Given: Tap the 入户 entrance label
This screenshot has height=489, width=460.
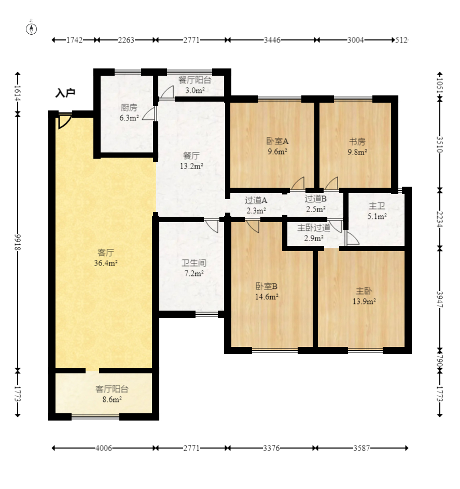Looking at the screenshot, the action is (x=65, y=93).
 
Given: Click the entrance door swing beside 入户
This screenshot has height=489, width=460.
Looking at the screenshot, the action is (x=64, y=121).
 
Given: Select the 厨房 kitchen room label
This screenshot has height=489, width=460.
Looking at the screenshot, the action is (x=129, y=107).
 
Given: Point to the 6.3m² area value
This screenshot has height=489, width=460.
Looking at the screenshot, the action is (x=129, y=118).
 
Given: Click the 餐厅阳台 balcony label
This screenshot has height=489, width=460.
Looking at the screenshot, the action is (x=195, y=80).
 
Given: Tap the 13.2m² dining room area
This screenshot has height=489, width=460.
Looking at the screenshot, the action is (x=191, y=166).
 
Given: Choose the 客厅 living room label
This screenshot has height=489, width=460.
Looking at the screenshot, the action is (x=106, y=253).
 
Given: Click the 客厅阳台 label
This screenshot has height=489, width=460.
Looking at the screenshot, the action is (x=112, y=389).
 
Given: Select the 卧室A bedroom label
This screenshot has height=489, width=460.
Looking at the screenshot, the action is (x=277, y=141).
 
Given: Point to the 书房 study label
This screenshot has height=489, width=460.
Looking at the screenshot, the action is (x=357, y=142).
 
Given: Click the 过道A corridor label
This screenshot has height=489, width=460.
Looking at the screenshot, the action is (x=256, y=200).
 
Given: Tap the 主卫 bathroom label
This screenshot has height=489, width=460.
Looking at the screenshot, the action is (x=377, y=206).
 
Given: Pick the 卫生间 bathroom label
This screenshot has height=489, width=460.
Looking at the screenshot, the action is (x=194, y=263).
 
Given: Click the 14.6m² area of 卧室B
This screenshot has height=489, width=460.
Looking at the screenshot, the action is (x=267, y=297).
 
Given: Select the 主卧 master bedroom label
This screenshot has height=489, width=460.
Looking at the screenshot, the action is (x=364, y=291).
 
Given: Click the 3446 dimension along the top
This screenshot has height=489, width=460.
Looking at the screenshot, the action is (x=272, y=40).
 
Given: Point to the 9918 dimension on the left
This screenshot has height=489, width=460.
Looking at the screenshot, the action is (x=18, y=242).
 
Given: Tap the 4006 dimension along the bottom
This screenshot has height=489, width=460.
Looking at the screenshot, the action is (x=104, y=448).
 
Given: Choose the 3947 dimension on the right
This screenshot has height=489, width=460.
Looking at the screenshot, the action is (x=440, y=299).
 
